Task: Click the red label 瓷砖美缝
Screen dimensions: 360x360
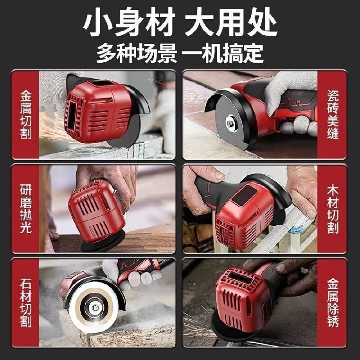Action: point(333,115)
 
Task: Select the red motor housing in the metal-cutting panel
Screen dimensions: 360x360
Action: point(94,110)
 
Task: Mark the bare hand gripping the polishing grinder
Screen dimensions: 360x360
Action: point(106,178)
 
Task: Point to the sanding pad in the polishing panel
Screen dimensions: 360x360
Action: point(101,243)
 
